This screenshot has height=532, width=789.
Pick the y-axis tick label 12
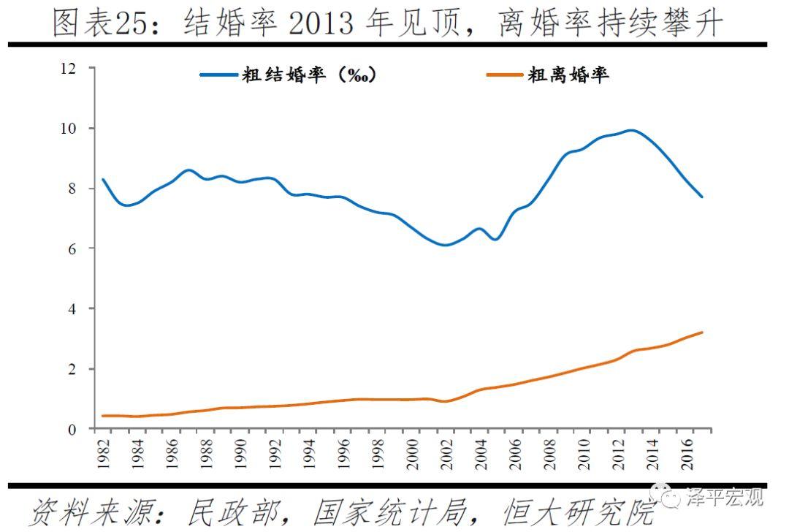click(69, 69)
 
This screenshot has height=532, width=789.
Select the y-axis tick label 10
click(69, 129)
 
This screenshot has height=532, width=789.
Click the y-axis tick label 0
click(72, 430)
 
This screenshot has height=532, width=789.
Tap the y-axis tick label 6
click(72, 249)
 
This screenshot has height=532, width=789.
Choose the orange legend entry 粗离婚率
click(568, 75)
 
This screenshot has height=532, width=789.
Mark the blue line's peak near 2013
click(632, 131)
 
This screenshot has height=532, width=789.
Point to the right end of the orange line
click(702, 332)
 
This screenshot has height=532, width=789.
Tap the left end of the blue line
click(103, 179)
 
